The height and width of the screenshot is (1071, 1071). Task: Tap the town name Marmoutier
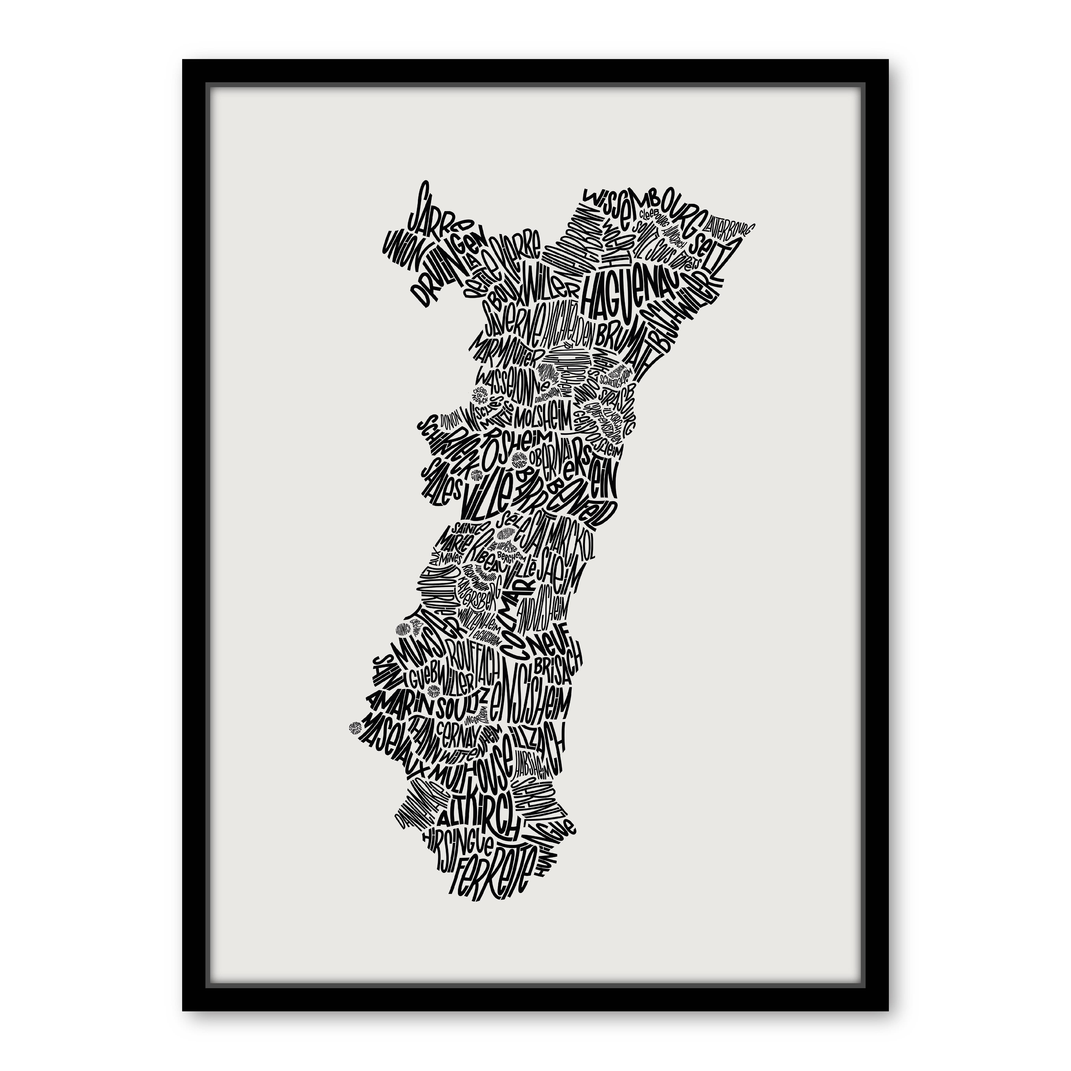pos(502,349)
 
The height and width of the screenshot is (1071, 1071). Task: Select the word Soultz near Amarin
pos(463,707)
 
